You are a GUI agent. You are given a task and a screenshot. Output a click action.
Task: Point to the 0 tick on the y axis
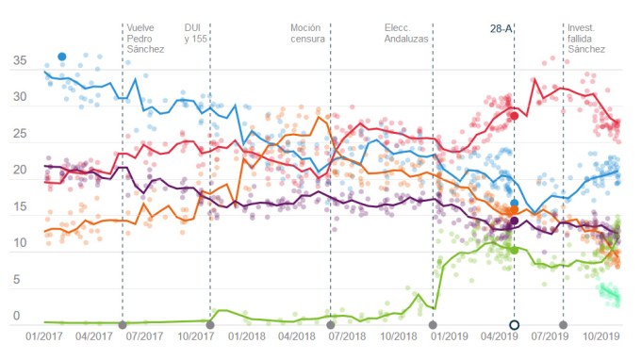[x=16, y=316]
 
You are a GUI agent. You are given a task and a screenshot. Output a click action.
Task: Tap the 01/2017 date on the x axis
[x=43, y=335]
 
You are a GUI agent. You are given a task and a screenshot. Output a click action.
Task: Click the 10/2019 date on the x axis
[x=600, y=335]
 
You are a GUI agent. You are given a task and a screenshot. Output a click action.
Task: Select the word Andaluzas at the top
[x=407, y=41]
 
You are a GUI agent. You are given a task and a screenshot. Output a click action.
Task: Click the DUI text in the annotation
[x=193, y=27]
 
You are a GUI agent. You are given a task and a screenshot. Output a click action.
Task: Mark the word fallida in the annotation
[x=583, y=41]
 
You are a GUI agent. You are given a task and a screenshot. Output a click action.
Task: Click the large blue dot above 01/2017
[x=62, y=57]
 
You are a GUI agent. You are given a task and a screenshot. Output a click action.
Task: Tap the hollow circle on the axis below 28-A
[x=514, y=325]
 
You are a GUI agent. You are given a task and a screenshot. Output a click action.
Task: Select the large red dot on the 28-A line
[x=514, y=116]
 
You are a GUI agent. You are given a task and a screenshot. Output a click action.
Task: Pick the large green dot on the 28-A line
[x=514, y=250]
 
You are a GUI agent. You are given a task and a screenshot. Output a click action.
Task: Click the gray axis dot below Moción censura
[x=330, y=325]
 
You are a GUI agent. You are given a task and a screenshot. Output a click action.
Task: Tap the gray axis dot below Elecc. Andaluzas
[x=433, y=325]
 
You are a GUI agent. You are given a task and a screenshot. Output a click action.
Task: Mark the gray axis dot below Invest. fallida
[x=563, y=325]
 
